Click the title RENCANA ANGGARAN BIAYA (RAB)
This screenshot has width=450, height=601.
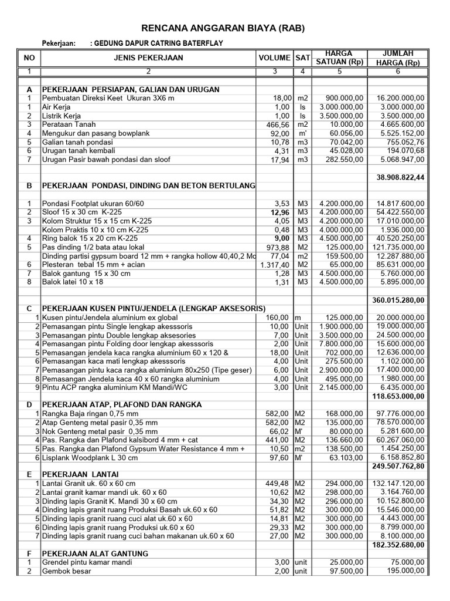(225, 28)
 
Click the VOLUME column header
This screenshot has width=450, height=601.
(274, 58)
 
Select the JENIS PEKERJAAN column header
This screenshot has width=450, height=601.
(148, 58)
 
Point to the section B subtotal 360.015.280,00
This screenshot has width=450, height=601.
(399, 300)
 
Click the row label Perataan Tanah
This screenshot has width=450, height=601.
(69, 125)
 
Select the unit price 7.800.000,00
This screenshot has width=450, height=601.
(341, 343)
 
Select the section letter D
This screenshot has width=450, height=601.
(29, 405)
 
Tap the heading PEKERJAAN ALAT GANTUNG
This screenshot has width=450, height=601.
(95, 553)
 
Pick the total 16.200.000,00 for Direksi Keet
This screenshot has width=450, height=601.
(401, 99)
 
